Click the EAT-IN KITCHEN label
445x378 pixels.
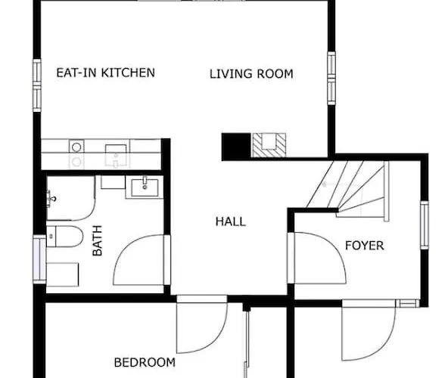(x=106, y=73)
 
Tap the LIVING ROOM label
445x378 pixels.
(x=251, y=74)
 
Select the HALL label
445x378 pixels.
(x=230, y=222)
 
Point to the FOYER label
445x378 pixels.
(x=365, y=245)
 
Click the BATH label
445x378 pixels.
(x=97, y=240)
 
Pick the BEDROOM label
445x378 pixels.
(x=145, y=362)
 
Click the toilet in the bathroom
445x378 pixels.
(x=65, y=236)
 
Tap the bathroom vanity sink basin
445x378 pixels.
(x=145, y=187)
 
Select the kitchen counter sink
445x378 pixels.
(x=116, y=156)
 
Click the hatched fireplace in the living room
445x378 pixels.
(x=269, y=145)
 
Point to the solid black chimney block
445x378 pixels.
(x=236, y=147)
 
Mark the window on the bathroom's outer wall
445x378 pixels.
(x=39, y=259)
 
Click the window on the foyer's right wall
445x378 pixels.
(x=425, y=225)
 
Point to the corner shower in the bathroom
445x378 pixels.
(x=70, y=198)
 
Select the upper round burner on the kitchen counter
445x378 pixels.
(x=76, y=147)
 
